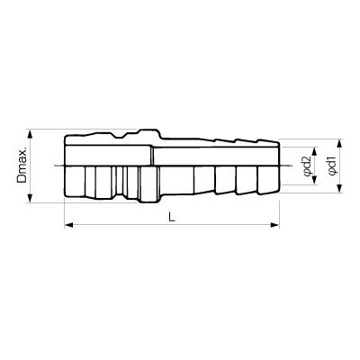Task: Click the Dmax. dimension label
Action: click(x=22, y=166)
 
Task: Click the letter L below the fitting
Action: click(x=171, y=217)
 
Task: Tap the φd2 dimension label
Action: click(x=306, y=166)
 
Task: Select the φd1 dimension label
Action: click(x=332, y=166)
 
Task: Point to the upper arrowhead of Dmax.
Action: click(x=30, y=134)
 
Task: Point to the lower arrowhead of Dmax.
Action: click(x=30, y=198)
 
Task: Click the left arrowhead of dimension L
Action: click(x=69, y=225)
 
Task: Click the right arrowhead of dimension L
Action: click(x=275, y=225)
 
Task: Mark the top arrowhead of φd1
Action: click(x=339, y=144)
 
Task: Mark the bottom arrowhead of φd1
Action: click(x=339, y=188)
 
